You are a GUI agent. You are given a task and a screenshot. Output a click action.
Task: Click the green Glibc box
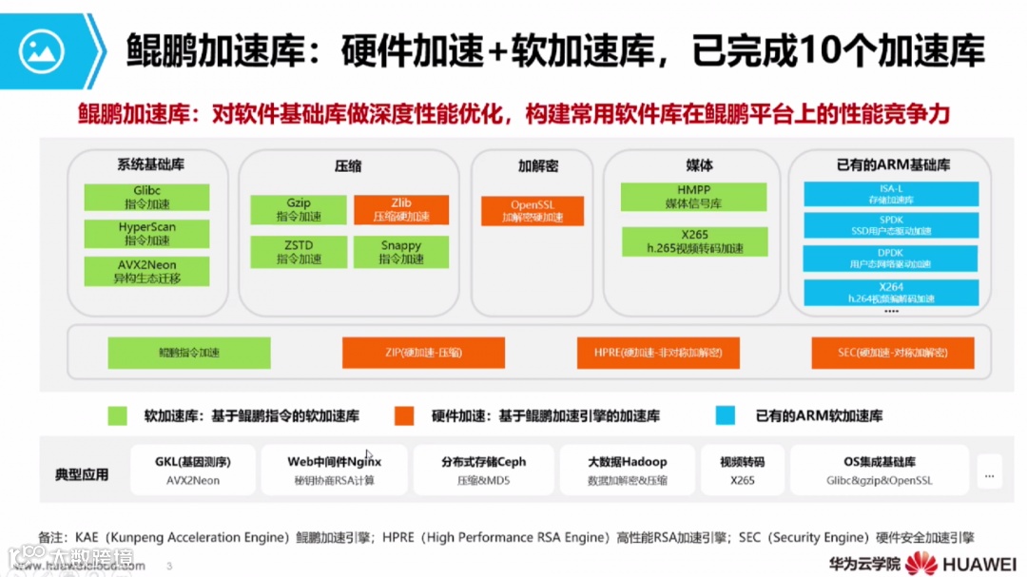pos(146,197)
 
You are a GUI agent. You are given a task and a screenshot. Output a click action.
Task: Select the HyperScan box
pos(146,234)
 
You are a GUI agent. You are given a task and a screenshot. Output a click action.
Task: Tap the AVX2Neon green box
pos(146,271)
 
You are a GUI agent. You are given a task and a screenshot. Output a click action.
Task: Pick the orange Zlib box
pos(400,209)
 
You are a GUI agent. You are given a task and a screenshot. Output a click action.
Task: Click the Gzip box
pos(299,209)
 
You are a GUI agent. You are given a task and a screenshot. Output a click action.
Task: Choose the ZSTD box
pos(299,252)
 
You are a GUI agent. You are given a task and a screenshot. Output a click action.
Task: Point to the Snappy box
pos(400,252)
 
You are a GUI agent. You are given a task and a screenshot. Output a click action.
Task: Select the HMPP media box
pos(693,197)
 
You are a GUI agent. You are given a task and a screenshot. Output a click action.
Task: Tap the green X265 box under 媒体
pos(693,241)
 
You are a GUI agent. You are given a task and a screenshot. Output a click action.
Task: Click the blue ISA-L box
pos(890,194)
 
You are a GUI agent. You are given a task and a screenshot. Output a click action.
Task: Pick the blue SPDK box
pos(890,225)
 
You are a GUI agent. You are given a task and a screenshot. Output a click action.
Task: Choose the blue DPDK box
pos(890,258)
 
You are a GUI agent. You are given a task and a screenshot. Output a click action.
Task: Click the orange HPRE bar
pos(658,353)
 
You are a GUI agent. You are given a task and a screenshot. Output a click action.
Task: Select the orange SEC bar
pos(892,353)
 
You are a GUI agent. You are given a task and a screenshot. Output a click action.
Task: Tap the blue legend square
pos(726,415)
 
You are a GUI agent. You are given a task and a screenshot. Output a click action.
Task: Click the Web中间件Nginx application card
pos(334,470)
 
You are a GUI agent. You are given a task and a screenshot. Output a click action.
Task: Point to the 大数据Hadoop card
pos(627,470)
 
